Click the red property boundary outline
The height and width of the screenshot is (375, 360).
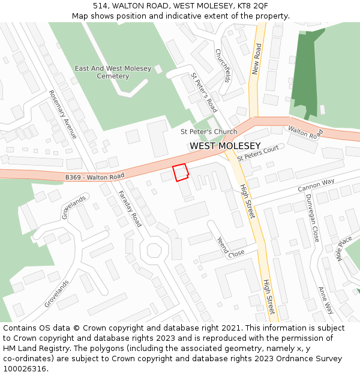[x=181, y=172]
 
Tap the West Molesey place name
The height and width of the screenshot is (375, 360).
[x=225, y=146]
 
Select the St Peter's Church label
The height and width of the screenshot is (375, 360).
[x=209, y=131]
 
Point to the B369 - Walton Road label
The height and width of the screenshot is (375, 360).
[x=94, y=177]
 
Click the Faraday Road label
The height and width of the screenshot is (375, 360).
[x=130, y=208]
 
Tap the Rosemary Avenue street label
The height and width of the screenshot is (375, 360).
[x=62, y=114]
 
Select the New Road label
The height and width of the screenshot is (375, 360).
[x=257, y=59]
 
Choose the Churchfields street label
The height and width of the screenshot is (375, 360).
[x=223, y=65]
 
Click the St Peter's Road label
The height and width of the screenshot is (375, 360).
[x=203, y=92]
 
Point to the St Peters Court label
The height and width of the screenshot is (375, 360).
[x=259, y=153]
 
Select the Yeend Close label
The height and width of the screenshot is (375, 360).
[x=230, y=247]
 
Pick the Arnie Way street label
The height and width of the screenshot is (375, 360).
[x=326, y=300]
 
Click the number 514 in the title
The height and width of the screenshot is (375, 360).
[x=100, y=5]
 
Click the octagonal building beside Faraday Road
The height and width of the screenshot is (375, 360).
[x=155, y=250]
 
